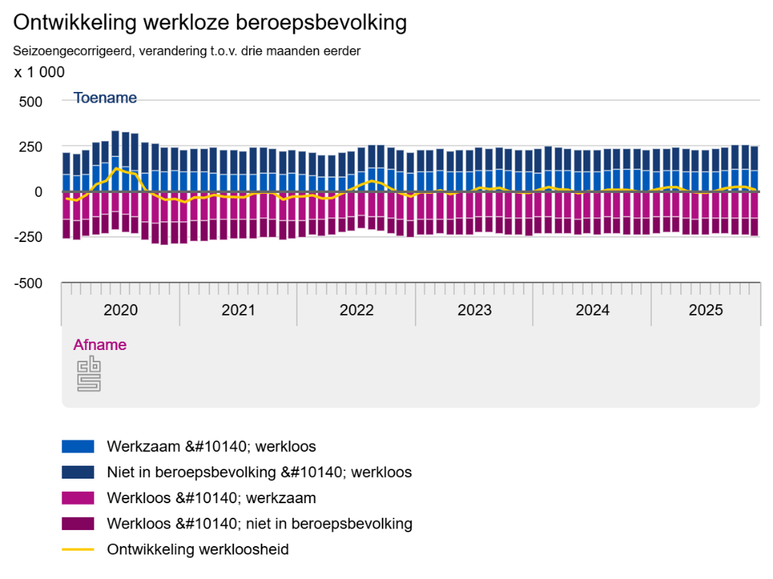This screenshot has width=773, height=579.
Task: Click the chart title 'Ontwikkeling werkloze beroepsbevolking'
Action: [209, 23]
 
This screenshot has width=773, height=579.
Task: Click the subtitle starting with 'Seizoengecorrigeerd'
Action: [186, 51]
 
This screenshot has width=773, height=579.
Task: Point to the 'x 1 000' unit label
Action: [39, 72]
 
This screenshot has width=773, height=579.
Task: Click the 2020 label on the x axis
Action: [120, 310]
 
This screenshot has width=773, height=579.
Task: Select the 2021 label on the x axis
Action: [238, 310]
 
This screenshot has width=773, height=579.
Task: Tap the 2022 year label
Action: [357, 310]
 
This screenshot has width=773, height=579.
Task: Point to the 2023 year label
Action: [475, 310]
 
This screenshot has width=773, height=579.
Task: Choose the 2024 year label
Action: [592, 310]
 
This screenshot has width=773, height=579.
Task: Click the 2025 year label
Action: [706, 310]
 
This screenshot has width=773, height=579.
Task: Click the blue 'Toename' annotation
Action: [105, 98]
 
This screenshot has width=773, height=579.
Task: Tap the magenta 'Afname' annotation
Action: [100, 345]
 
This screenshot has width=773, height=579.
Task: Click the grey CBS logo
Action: [89, 373]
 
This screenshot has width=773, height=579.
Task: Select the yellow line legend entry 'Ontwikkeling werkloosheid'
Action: [198, 549]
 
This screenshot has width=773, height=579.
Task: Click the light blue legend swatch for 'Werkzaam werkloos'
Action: [77, 446]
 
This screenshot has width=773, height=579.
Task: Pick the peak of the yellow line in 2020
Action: [116, 168]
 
